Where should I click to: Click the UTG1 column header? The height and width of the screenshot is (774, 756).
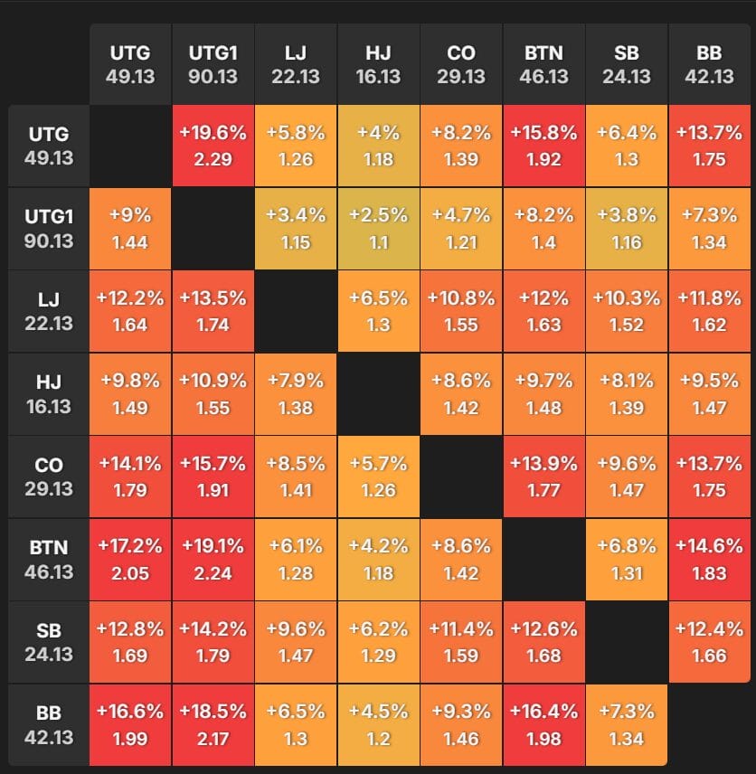point(213,64)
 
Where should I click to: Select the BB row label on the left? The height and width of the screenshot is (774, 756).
point(49,724)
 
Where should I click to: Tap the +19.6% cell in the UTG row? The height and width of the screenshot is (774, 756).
point(213,146)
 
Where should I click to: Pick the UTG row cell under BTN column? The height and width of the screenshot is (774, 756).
point(544,146)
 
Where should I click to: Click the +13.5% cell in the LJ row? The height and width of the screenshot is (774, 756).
point(213,311)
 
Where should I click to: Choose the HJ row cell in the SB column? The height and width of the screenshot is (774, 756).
point(627,394)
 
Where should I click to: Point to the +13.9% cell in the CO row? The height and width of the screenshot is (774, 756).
point(544,477)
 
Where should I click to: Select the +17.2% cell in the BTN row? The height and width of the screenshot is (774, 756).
point(130,559)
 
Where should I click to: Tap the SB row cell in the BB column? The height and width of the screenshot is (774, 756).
point(710,642)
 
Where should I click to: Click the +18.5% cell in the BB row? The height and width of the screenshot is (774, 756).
point(213,724)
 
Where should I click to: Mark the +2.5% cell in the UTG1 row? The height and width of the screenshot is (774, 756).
point(379,229)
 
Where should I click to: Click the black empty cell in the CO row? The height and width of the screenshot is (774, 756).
point(461,477)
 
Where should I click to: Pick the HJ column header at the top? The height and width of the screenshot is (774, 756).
point(379,64)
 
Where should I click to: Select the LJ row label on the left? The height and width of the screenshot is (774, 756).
point(49,311)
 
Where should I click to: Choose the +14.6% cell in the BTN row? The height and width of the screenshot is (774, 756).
point(710,559)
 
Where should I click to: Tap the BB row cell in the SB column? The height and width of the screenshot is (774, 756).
point(627,724)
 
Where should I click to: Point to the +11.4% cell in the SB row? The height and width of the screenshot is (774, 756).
point(461,642)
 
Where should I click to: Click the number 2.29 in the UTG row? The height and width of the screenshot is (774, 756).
point(213,159)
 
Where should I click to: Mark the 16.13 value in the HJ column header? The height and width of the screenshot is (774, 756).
point(379,77)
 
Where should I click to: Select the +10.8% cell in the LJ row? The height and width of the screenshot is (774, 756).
point(461,311)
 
